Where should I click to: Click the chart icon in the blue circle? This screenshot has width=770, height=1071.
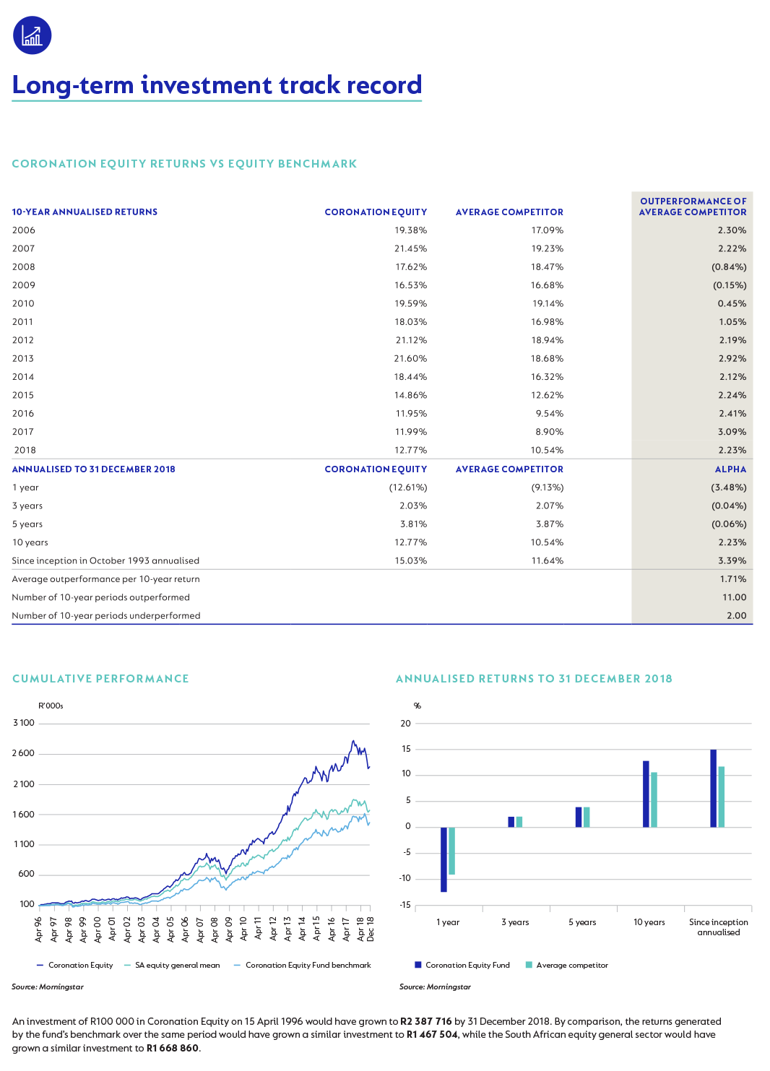coord(33,35)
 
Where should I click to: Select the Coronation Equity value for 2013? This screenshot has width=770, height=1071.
coord(410,359)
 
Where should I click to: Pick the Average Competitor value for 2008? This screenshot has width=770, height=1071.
coord(547,267)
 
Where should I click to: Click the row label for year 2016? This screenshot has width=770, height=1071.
coord(23,414)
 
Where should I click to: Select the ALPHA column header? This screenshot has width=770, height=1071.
coord(730,469)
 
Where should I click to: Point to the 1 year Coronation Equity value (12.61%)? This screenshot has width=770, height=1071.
coord(408,487)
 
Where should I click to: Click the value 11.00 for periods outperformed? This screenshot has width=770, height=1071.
coord(734,597)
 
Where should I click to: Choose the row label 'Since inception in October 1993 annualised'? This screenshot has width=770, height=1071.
coord(105,561)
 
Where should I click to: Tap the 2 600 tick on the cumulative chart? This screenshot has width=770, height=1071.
coord(24,753)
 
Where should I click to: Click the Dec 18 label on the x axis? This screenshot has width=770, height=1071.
coord(371,929)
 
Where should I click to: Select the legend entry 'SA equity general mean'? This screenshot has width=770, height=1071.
coord(177,966)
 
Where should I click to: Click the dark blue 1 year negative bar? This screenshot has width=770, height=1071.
coord(444,859)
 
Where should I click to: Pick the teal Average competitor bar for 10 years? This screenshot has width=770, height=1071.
coord(654,799)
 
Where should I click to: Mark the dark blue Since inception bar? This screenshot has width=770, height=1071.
coord(713,788)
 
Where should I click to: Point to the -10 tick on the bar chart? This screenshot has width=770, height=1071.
coord(405,879)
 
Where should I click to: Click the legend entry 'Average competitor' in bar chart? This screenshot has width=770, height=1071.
coord(571,966)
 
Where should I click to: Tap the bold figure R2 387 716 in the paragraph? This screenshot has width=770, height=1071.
coord(425,1022)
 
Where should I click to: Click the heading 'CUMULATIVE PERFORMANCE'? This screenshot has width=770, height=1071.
coord(100,679)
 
